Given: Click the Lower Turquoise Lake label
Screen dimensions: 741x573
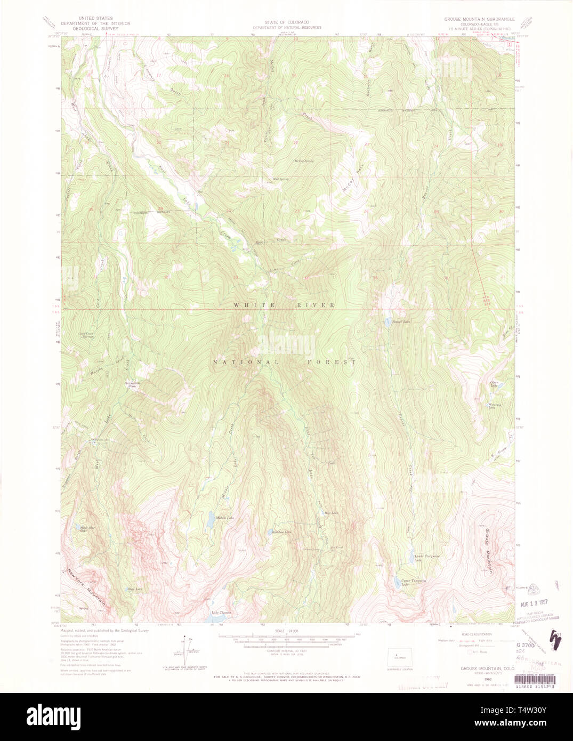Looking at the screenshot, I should [426, 558].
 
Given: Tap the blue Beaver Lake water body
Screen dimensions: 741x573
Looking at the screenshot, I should [388, 322].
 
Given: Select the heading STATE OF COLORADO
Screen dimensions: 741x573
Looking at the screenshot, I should [287, 22].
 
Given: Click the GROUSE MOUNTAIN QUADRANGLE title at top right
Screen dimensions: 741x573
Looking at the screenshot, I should [479, 19].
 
